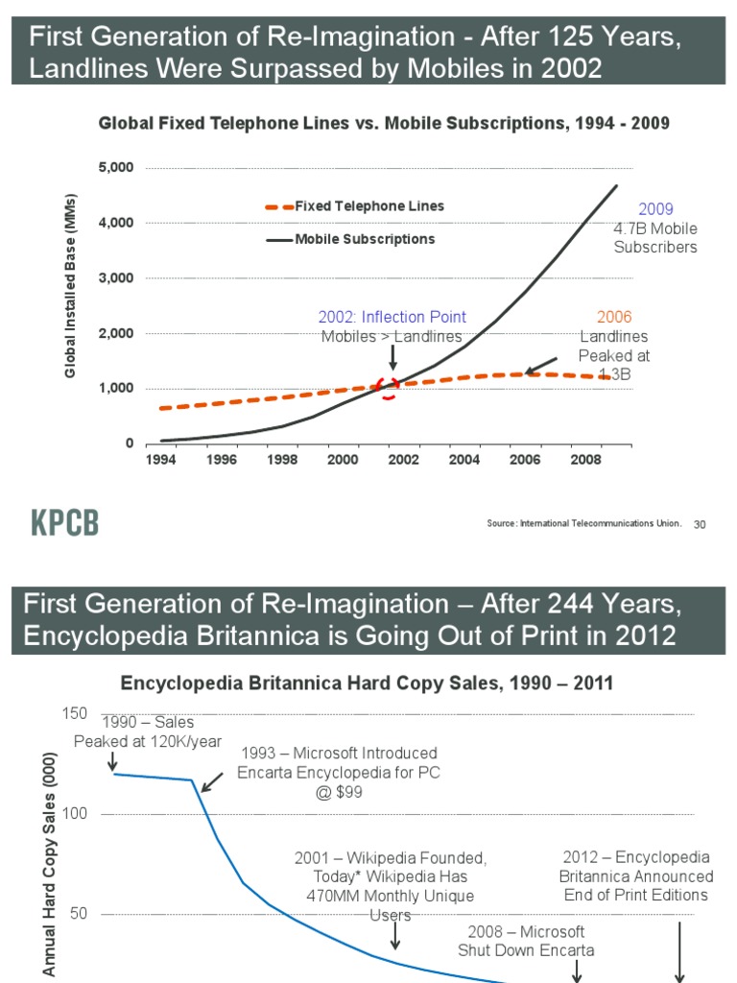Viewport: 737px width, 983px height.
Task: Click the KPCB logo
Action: coord(66,523)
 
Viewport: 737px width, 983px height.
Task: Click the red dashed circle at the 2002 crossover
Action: coord(390,387)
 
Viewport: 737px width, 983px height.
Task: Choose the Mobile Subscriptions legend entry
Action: coord(351,239)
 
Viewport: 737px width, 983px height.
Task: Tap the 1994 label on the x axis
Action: coord(160,459)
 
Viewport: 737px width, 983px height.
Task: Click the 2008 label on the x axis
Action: coord(586,459)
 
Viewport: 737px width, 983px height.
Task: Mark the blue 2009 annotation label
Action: coord(655,209)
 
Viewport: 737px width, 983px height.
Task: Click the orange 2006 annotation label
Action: coord(614,317)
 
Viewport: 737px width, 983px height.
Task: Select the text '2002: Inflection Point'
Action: coord(392,317)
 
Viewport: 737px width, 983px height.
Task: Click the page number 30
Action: coord(700,524)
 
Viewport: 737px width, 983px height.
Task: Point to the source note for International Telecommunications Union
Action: coord(584,523)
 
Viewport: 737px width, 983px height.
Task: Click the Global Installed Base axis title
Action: coord(70,285)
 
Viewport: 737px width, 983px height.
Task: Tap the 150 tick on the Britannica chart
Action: coord(74,713)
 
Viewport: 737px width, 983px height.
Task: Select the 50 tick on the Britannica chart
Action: coord(79,914)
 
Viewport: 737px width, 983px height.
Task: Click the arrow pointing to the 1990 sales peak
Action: coord(113,760)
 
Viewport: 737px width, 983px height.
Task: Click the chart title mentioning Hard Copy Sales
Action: coord(366,683)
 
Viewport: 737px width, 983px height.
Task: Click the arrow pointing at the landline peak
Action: coord(540,366)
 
